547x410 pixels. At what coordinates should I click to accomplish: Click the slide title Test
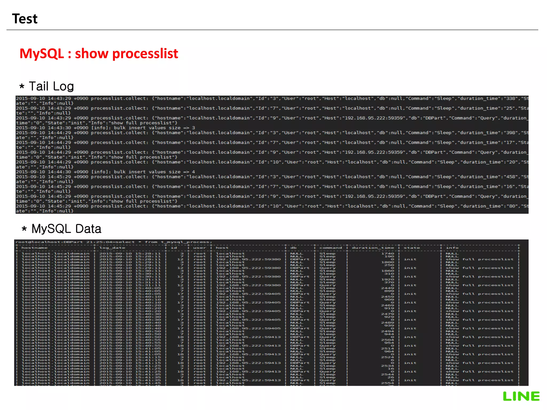pos(25,19)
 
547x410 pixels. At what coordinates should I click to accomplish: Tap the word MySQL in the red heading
pos(42,54)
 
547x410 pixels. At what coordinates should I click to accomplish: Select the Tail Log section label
pos(51,86)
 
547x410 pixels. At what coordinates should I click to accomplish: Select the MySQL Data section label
pos(66,229)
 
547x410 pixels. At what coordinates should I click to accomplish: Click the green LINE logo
pos(521,396)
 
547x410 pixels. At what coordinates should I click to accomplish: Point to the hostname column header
pos(34,248)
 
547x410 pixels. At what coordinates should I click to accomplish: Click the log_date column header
pos(112,248)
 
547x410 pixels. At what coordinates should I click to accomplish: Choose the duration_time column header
pos(373,248)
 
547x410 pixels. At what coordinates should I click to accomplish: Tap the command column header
pos(330,248)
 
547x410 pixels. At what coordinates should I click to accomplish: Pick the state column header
pos(412,248)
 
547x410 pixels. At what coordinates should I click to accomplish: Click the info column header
pos(452,248)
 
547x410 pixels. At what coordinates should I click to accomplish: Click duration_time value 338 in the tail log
pos(510,98)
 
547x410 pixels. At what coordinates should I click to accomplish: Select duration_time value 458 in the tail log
pos(510,177)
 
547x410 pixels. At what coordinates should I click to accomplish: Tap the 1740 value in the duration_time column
pos(388,254)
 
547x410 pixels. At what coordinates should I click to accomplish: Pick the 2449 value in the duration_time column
pos(388,288)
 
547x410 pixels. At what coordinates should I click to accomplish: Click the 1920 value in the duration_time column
pos(388,279)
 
